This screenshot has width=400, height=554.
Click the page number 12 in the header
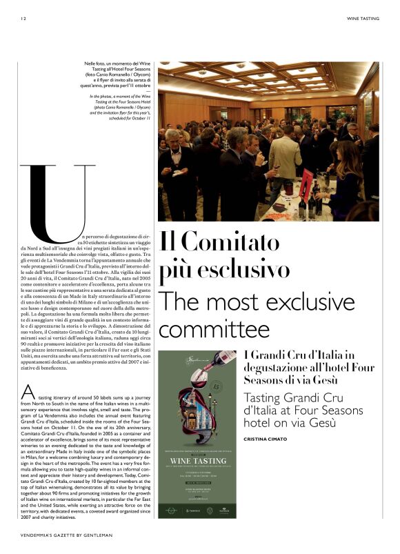point(23,19)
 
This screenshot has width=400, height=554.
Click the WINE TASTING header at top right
point(362,19)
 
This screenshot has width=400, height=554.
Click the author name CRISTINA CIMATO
point(270,439)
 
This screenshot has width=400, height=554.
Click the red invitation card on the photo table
point(306,185)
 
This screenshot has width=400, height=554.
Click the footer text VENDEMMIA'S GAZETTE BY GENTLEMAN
point(66,535)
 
